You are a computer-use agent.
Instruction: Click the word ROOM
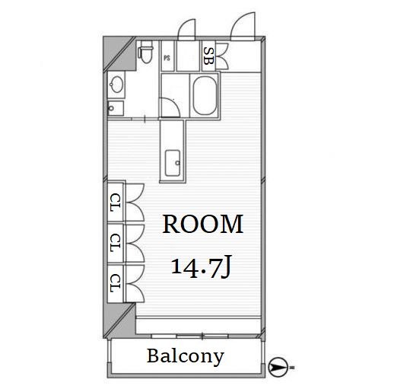click(x=203, y=224)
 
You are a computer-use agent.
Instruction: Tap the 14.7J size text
click(x=202, y=266)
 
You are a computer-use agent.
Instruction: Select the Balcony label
click(x=186, y=356)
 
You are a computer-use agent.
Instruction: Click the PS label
click(x=167, y=58)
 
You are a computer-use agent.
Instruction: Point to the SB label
click(x=208, y=56)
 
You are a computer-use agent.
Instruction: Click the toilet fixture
click(x=145, y=52)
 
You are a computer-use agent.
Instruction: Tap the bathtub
click(x=205, y=96)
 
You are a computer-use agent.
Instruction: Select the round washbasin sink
click(x=116, y=84)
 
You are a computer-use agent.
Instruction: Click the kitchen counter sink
click(x=173, y=163)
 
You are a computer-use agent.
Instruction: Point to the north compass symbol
click(x=278, y=367)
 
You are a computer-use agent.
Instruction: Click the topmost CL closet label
click(x=116, y=202)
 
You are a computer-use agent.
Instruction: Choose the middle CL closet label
click(x=116, y=243)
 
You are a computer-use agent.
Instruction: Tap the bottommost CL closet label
click(x=116, y=283)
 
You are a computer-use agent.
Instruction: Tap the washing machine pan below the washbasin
click(x=116, y=108)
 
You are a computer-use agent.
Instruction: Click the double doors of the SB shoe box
click(x=222, y=56)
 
